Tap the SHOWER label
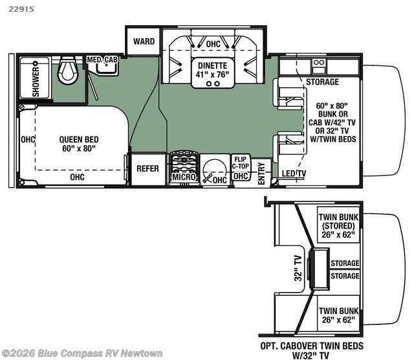(x=36, y=79)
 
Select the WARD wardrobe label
(x=144, y=41)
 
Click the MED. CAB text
(x=102, y=60)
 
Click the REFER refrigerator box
(x=148, y=168)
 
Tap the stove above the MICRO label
(x=184, y=162)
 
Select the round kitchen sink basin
(x=215, y=171)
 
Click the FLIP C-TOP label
(x=241, y=163)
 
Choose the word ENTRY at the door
(x=261, y=174)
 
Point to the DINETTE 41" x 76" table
(x=213, y=73)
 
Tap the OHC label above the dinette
(x=213, y=44)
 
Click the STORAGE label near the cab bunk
(x=322, y=82)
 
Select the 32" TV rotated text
(x=298, y=268)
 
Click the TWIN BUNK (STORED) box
(x=338, y=225)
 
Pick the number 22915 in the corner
(x=21, y=9)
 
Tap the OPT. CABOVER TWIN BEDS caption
(x=312, y=346)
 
